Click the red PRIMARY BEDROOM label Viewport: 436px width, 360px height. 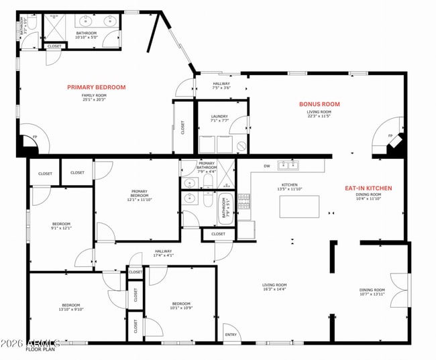point(96,87)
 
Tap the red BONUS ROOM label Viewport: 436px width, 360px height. point(319,104)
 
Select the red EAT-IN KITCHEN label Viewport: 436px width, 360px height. point(368,188)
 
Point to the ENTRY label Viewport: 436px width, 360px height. point(231,335)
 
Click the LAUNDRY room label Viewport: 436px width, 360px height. point(219,117)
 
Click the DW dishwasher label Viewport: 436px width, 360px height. point(266,166)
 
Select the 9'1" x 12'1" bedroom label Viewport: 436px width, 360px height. point(60,225)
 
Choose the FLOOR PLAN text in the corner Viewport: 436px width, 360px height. point(39,349)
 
